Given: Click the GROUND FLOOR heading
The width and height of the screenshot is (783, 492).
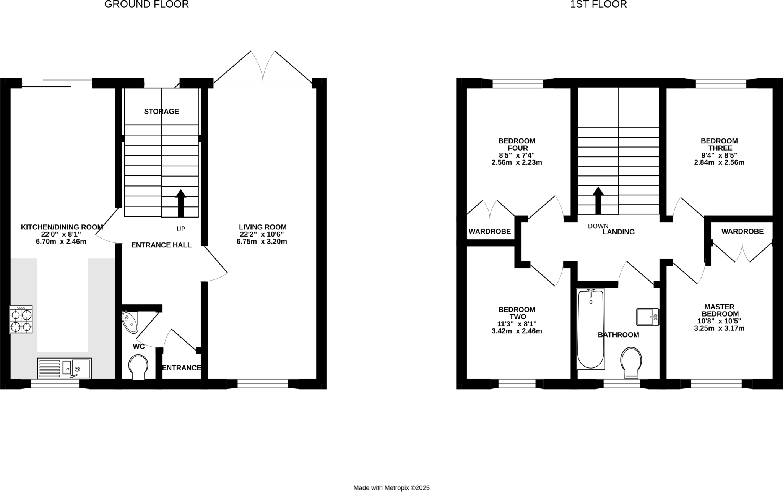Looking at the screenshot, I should coord(146,5).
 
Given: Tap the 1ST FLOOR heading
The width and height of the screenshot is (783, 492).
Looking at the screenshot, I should coord(598,5).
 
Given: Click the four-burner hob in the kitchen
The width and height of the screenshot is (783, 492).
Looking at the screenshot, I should coord(21,320).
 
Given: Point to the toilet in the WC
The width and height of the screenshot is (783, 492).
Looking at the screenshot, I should coord(138,366).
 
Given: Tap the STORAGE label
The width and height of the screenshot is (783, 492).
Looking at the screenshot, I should coord(161,111).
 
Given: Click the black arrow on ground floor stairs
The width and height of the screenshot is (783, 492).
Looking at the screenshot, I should coord(180,203).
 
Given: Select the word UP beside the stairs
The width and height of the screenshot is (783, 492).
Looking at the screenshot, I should coord(181,229).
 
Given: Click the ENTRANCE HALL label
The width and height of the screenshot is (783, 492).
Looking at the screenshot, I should coord(161,245).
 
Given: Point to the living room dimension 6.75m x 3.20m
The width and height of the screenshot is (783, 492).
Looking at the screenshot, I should coord(262,242).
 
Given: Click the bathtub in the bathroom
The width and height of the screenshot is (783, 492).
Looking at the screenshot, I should coord(591,329).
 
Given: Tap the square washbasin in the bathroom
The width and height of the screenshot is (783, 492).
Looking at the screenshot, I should coord(647,317).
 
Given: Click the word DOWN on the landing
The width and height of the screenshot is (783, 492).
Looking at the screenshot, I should coord(598,226).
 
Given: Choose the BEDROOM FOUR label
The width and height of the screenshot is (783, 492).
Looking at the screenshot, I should coord(517,145).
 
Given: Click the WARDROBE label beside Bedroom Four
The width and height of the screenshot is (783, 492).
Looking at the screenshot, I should coord(490,231).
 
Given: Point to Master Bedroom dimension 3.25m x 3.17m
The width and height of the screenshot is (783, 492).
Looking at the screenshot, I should coord(719,328).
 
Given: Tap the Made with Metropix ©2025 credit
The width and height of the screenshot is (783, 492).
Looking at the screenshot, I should coord(391,488).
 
